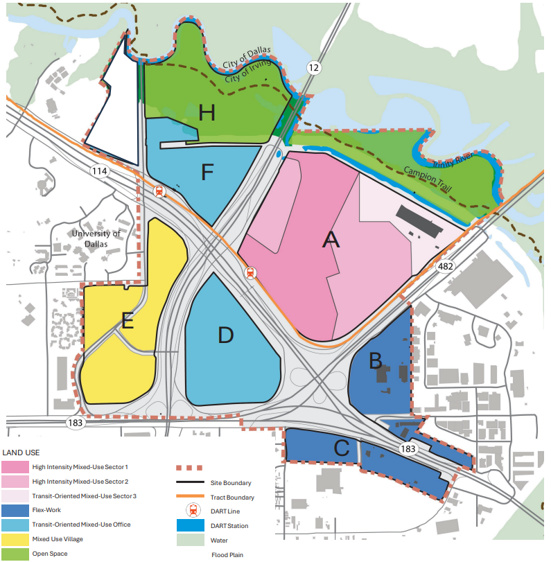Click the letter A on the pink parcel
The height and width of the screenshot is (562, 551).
(331, 240)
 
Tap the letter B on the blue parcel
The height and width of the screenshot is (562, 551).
(375, 360)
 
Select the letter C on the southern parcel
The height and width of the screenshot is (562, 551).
(341, 448)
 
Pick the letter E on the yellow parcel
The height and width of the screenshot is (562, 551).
(127, 321)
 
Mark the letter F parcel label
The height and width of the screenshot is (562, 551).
(207, 172)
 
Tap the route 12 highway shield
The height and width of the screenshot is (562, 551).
(315, 67)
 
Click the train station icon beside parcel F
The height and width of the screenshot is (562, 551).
(160, 192)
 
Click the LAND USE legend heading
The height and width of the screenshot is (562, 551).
(21, 453)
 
